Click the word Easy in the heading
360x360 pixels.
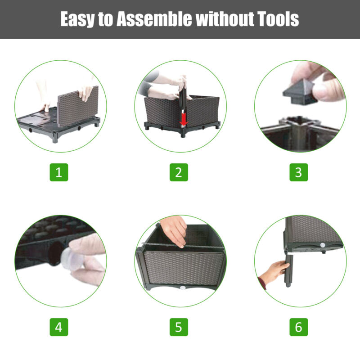click(77, 19)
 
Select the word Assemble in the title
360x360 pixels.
click(154, 19)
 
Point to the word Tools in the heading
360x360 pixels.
click(278, 19)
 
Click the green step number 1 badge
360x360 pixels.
click(59, 172)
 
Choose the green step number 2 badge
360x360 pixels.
click(179, 172)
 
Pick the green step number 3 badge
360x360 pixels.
click(298, 172)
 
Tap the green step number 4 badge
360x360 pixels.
click(59, 327)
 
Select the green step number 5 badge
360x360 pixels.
click(179, 327)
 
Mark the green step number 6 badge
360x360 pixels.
click(298, 327)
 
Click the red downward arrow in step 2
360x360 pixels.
click(184, 119)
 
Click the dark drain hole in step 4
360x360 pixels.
click(54, 253)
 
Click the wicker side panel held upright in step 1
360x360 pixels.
click(77, 106)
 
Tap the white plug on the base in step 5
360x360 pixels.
click(183, 288)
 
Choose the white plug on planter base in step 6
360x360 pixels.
click(323, 245)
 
